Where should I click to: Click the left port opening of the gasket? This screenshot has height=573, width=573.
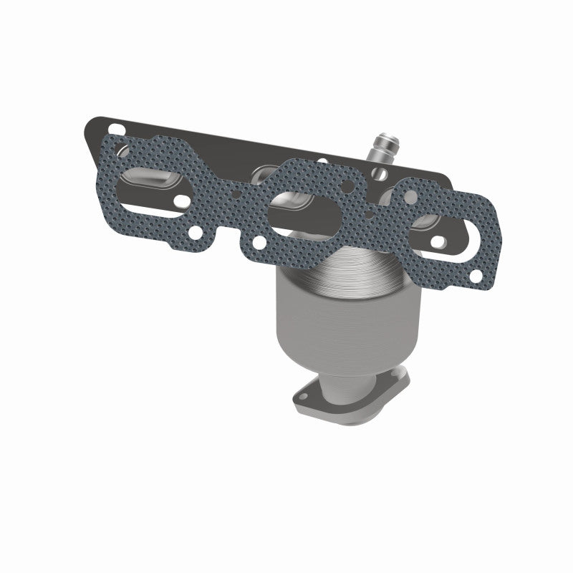tap(154, 189)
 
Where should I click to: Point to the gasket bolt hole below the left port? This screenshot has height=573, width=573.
tap(196, 232)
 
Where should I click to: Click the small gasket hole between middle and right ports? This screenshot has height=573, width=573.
tap(368, 213)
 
